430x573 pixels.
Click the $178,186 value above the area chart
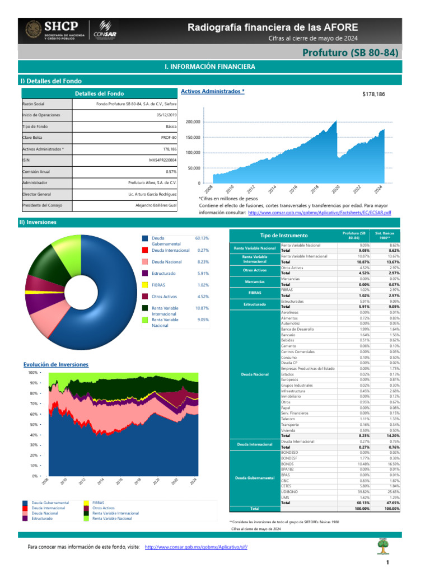[x=373, y=95]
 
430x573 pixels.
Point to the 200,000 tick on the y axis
[x=193, y=122]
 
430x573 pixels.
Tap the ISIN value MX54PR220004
[x=159, y=160]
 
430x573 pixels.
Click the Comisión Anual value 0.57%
[x=171, y=171]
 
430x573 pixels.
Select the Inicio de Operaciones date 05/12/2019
[x=166, y=115]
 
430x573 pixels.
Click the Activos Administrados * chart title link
[x=212, y=91]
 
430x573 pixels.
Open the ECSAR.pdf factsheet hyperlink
[x=319, y=213]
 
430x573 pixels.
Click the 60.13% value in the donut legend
[x=202, y=238]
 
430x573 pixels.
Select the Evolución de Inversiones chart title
[x=55, y=364]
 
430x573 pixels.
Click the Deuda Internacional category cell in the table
[x=254, y=444]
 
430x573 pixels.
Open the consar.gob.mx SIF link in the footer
[x=195, y=546]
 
